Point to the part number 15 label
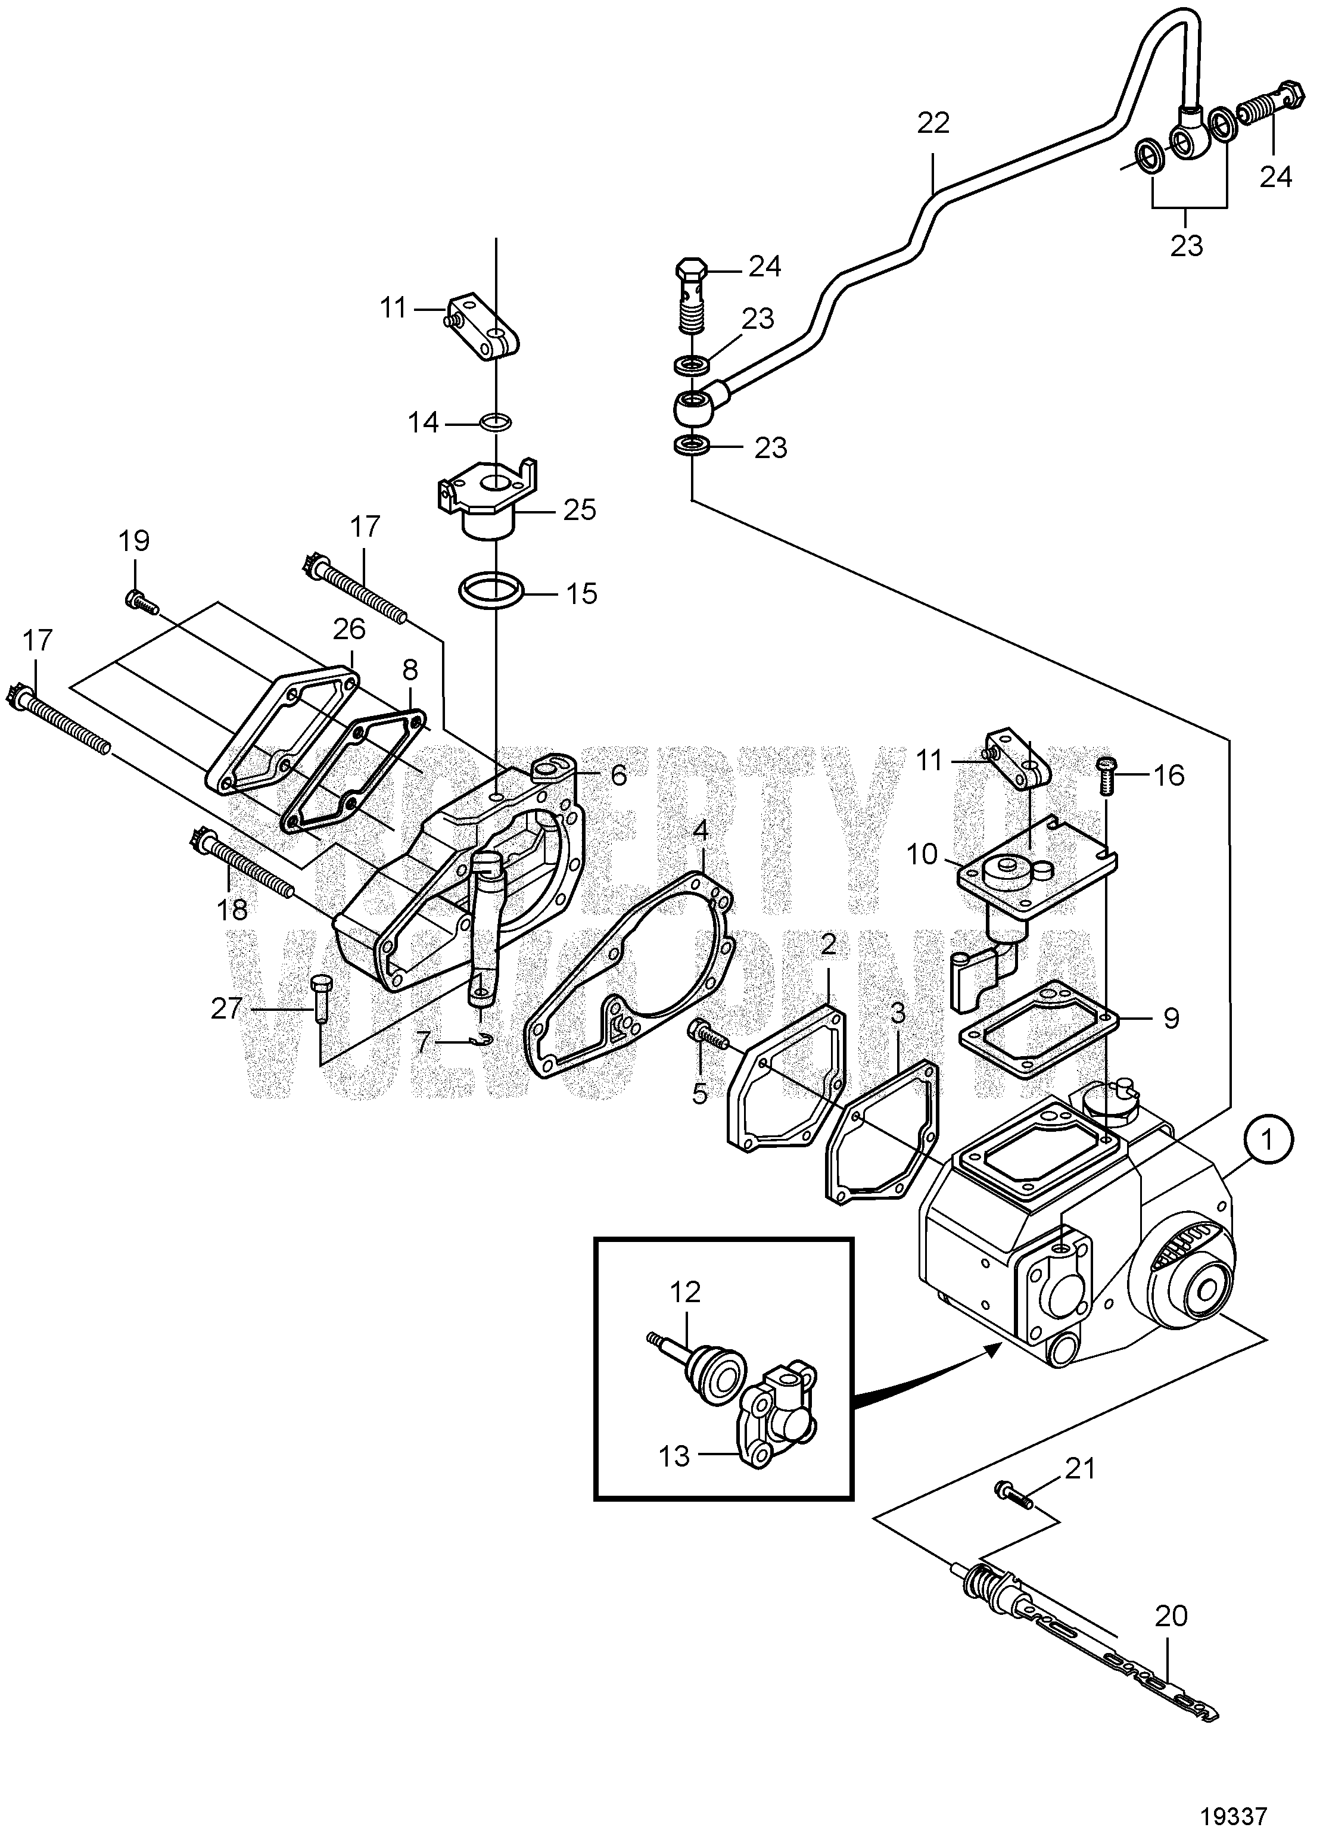(x=581, y=593)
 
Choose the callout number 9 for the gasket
(x=1171, y=1018)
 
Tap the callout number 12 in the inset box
(x=686, y=1291)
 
